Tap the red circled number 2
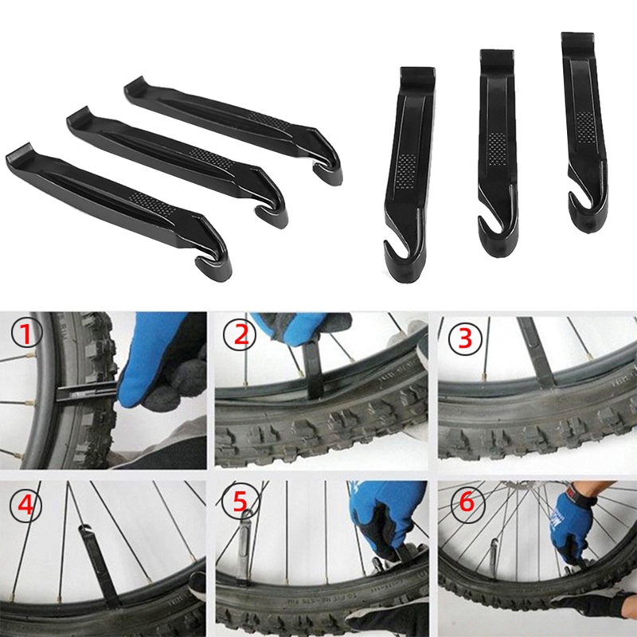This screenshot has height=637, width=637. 240,335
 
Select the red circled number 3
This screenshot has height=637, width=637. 464,338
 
